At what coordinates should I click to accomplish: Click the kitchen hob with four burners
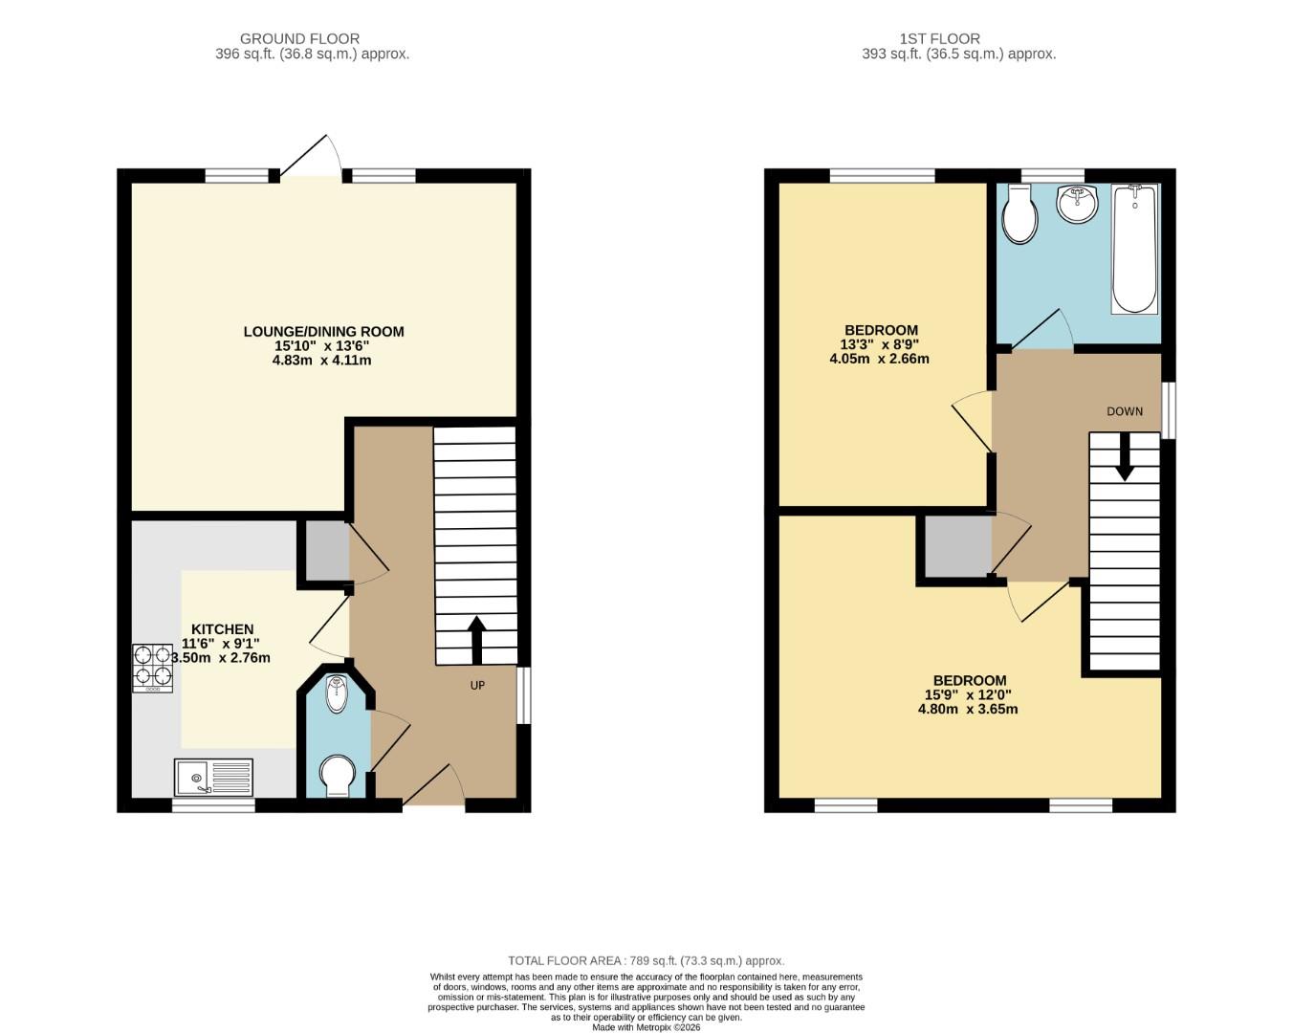tap(152, 667)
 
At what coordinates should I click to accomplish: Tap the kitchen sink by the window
tap(213, 777)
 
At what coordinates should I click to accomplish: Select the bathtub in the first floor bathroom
tap(1134, 249)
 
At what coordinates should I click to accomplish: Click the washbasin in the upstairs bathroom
tap(1078, 203)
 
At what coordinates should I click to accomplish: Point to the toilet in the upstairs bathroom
tap(1019, 215)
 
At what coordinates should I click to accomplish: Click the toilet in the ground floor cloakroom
tap(337, 776)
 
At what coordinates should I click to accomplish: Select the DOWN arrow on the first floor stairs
tap(1125, 457)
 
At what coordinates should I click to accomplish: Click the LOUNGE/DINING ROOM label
tap(323, 332)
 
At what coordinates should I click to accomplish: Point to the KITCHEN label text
tap(223, 629)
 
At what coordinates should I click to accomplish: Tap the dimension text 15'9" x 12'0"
tap(967, 695)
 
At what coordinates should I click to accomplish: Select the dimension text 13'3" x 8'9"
tap(879, 344)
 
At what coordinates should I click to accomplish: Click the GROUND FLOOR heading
tap(299, 39)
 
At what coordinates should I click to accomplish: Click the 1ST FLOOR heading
tap(939, 39)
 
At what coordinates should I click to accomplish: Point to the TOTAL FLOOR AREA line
tap(646, 960)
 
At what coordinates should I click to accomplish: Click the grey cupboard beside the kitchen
tap(326, 551)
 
